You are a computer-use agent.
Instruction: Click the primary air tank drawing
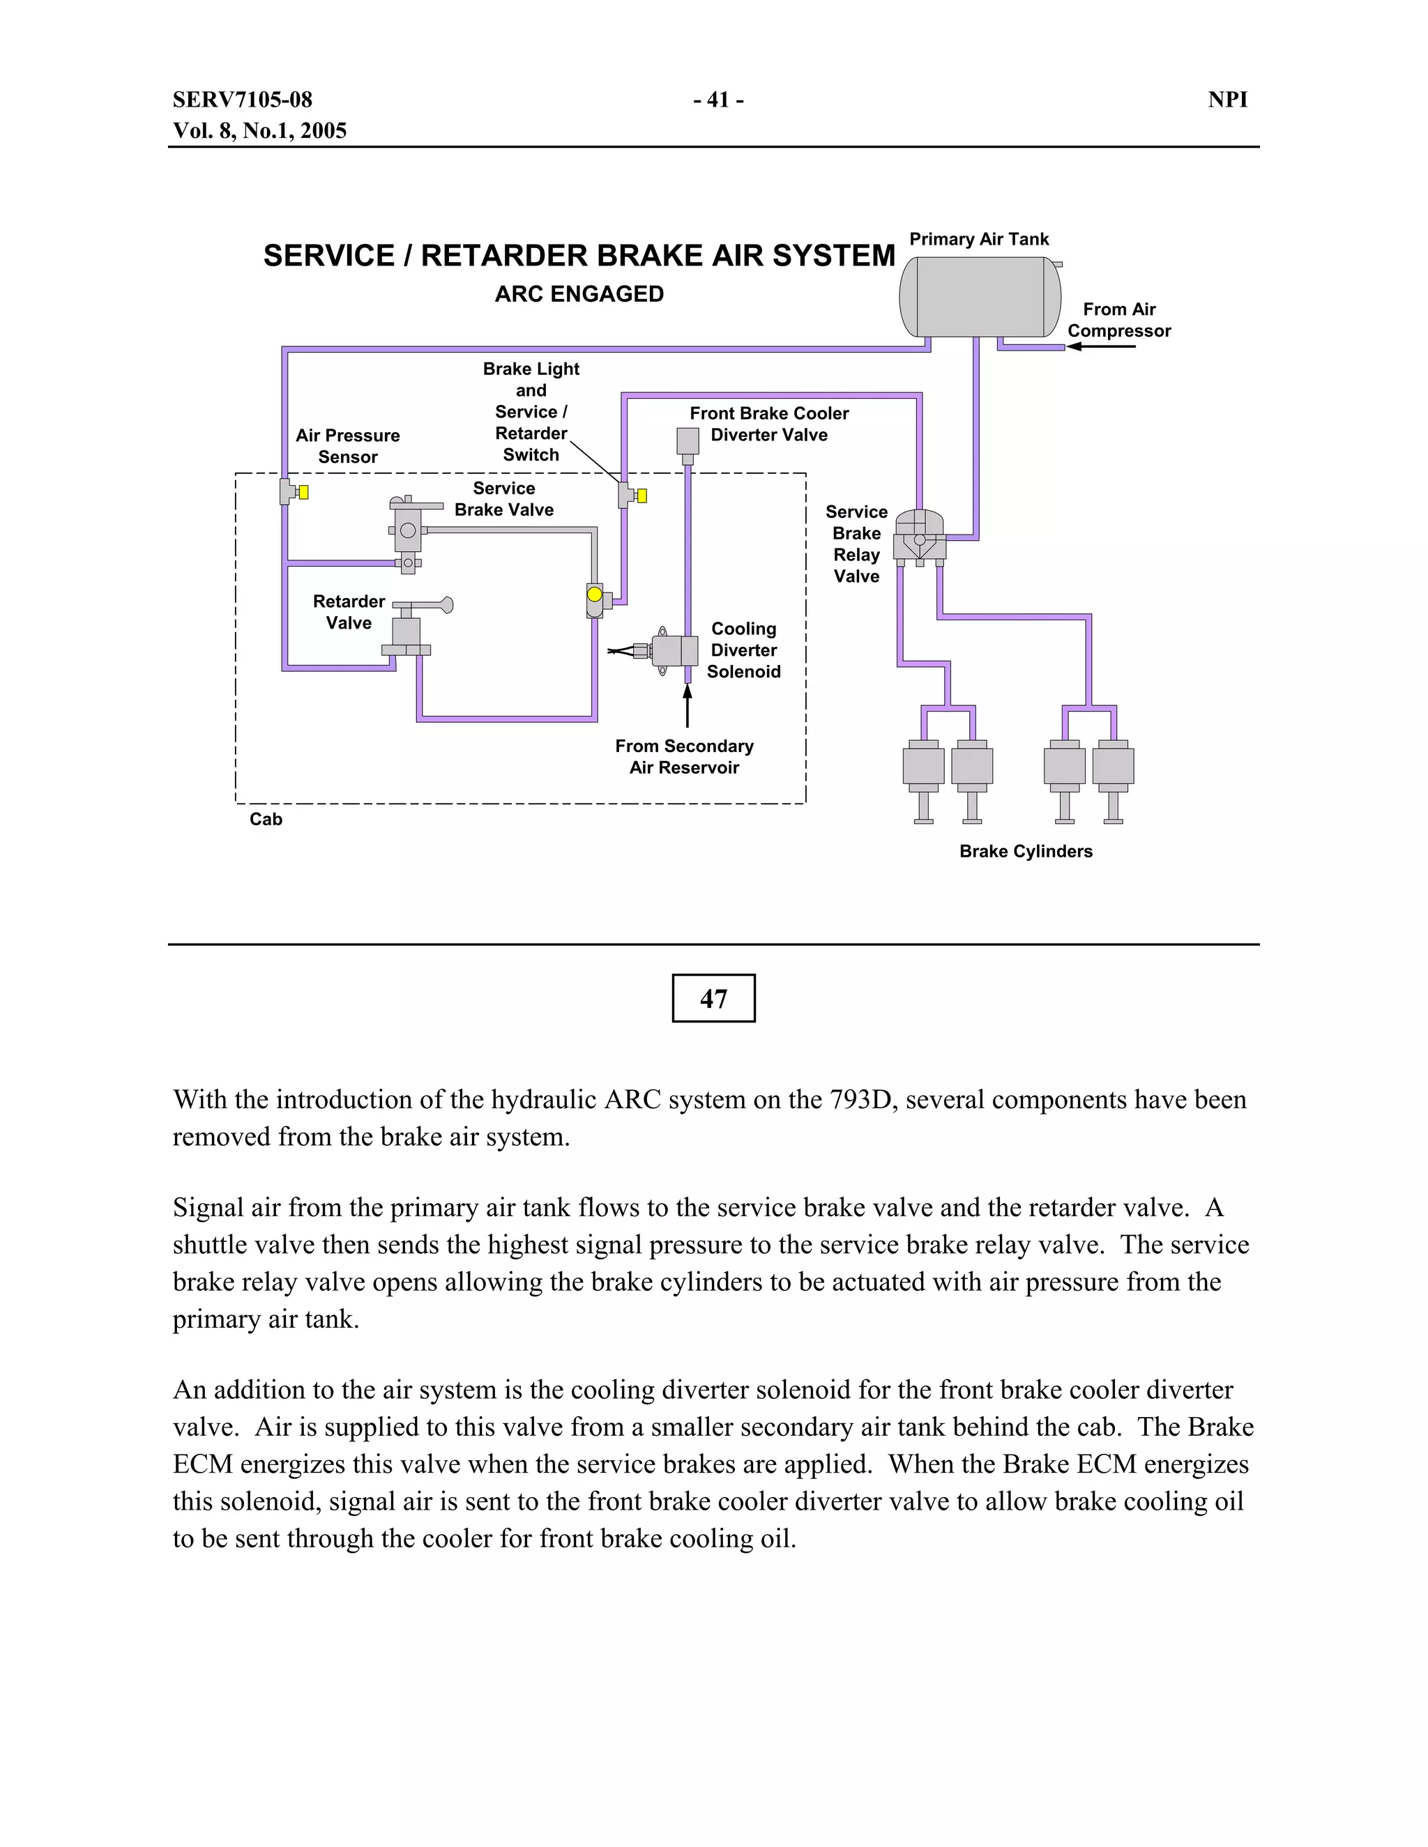coord(980,297)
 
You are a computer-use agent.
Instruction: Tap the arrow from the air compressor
coord(1100,346)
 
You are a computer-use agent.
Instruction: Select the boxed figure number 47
coord(713,998)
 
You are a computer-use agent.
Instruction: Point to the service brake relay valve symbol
coord(920,536)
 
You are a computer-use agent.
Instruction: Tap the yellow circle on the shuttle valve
coord(595,595)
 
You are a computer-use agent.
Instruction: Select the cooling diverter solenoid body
coord(675,650)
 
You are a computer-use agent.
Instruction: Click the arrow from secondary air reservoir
coord(687,705)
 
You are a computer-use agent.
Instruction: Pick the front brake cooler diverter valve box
coord(688,440)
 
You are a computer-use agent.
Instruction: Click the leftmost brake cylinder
coord(923,765)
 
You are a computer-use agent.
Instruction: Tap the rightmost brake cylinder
coord(1114,765)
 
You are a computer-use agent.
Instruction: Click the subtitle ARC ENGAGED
coord(579,294)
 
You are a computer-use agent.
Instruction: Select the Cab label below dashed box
coord(266,819)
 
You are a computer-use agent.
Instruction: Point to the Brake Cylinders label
coord(1025,851)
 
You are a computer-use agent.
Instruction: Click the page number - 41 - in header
coord(718,100)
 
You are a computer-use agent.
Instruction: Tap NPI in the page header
coord(1226,100)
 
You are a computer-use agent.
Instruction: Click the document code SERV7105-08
coord(243,100)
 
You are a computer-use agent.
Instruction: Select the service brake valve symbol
coord(408,531)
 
